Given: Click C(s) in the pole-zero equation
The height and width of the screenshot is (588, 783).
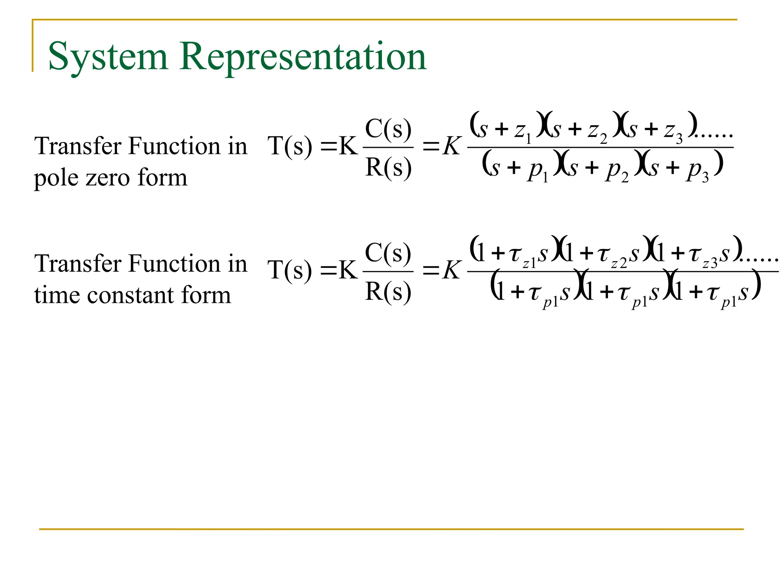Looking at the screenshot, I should click(388, 129).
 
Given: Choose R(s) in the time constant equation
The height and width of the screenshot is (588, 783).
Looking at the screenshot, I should click(388, 292).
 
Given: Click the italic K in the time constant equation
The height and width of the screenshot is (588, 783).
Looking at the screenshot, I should click(452, 270).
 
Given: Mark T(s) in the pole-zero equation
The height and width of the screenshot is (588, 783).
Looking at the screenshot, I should click(290, 146).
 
